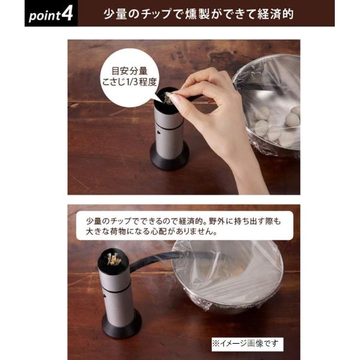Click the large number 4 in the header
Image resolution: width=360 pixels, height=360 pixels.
tap(67, 13)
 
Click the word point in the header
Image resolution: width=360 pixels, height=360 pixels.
tap(45, 16)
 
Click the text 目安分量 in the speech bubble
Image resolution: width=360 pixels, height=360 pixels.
tap(129, 71)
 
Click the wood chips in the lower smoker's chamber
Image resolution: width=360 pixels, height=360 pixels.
tap(113, 259)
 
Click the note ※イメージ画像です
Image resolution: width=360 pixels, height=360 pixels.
tap(247, 344)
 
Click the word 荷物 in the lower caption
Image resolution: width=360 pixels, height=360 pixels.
tap(116, 232)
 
